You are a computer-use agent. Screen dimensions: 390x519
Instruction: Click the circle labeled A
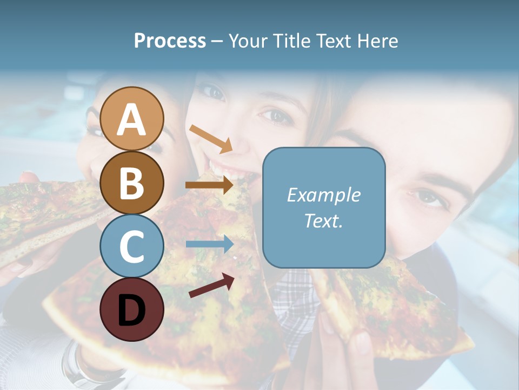132,119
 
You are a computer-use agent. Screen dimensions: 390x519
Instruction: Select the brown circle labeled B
132,183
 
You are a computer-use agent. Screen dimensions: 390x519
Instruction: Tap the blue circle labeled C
132,246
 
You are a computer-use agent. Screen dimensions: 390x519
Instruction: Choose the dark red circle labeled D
132,309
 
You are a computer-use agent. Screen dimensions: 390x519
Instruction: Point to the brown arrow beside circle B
209,185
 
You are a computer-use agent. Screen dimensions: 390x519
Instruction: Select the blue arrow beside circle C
209,244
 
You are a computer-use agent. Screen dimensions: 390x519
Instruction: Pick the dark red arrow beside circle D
212,285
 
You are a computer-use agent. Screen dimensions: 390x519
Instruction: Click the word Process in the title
170,41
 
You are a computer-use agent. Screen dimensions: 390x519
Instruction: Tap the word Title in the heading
292,41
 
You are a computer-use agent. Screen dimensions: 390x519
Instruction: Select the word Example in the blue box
323,195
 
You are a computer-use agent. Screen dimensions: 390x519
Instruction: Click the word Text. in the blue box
323,220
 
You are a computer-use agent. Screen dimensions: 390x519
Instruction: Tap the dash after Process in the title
217,41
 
